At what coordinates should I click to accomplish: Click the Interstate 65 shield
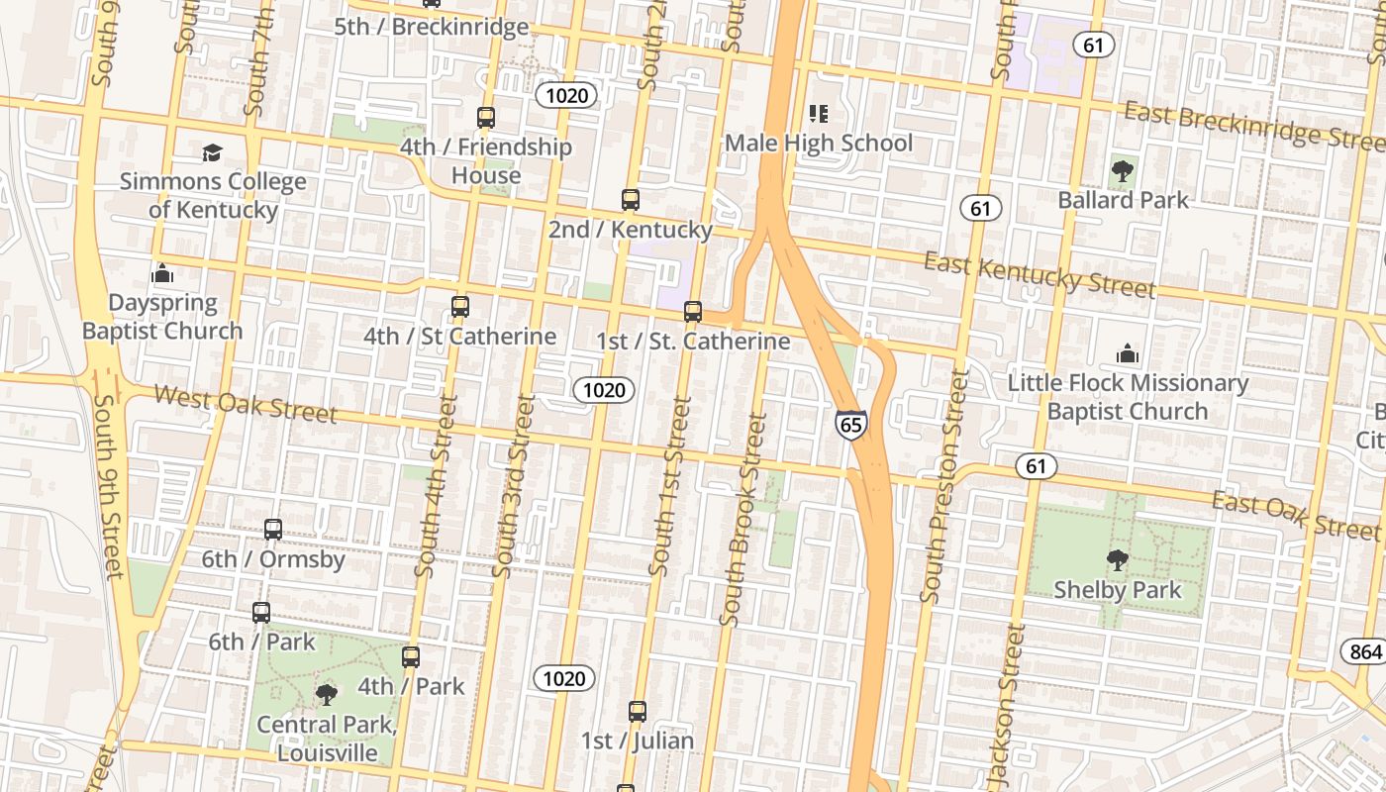click(x=850, y=425)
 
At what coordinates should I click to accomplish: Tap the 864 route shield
click(x=1365, y=651)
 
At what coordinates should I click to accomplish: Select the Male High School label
click(x=819, y=144)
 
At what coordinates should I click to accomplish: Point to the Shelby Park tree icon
click(x=1117, y=561)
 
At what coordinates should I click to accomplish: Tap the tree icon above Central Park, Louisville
click(x=326, y=695)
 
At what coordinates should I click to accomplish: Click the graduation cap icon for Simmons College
click(x=212, y=153)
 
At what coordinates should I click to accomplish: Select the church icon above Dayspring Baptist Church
click(x=162, y=273)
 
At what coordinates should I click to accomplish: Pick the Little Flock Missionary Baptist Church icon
click(x=1127, y=353)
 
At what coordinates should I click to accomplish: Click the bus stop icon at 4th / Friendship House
click(x=485, y=118)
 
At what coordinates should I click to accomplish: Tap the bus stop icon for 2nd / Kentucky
click(x=631, y=200)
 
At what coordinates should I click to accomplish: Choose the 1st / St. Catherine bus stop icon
click(x=693, y=312)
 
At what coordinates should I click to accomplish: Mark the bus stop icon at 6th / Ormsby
click(x=273, y=530)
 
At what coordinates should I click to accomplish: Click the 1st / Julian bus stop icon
click(x=638, y=712)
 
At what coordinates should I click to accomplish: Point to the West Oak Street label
click(x=247, y=404)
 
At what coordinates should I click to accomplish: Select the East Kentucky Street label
click(x=1039, y=274)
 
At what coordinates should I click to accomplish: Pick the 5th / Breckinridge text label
click(x=431, y=27)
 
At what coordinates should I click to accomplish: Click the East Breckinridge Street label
click(x=1253, y=126)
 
